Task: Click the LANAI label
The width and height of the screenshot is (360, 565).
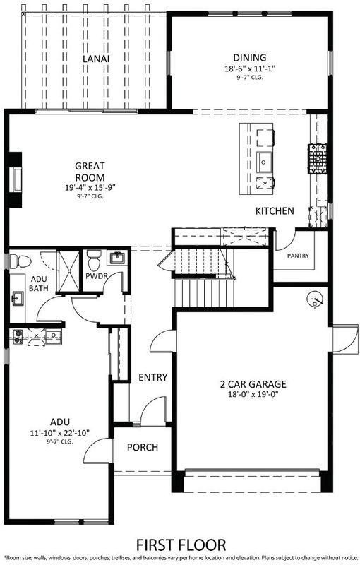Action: (96, 59)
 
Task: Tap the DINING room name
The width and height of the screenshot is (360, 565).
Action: (250, 58)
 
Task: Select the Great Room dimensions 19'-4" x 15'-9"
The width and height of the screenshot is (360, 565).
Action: (90, 187)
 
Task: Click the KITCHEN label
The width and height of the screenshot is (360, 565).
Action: (275, 210)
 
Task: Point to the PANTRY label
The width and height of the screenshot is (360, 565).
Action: (298, 256)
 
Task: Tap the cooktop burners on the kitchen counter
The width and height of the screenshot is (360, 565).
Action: (317, 158)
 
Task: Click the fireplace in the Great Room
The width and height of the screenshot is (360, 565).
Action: (16, 179)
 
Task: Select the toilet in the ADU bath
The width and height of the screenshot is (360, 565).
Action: (20, 261)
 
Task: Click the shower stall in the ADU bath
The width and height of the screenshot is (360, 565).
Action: (68, 271)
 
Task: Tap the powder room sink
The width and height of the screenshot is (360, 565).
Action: (117, 258)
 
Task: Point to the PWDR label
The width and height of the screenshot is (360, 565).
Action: (97, 276)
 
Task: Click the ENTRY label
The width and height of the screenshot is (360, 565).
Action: (153, 377)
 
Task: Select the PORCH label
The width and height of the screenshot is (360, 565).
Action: (143, 448)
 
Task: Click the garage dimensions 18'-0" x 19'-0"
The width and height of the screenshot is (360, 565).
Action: (253, 394)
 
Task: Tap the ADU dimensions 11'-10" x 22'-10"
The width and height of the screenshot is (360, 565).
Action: (60, 433)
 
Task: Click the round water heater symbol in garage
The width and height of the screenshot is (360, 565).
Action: (316, 298)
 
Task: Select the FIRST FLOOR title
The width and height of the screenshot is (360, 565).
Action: (181, 545)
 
